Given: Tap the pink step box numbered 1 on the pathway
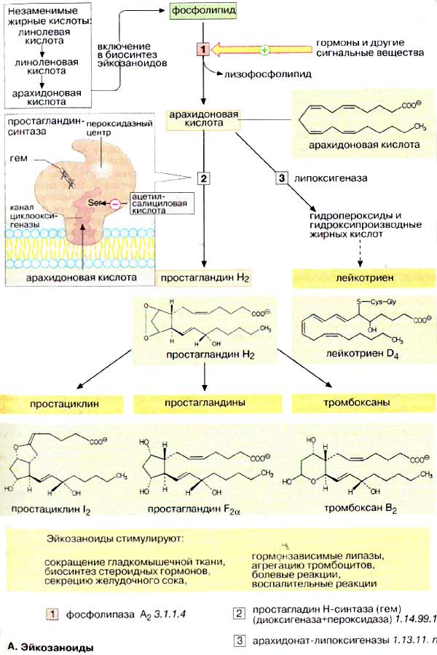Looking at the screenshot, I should (203, 49).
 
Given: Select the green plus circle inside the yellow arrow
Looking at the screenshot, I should (264, 49).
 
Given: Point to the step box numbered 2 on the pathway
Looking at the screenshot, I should (203, 178).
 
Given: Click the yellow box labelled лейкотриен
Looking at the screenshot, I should (356, 278).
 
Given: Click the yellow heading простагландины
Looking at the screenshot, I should (204, 402).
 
